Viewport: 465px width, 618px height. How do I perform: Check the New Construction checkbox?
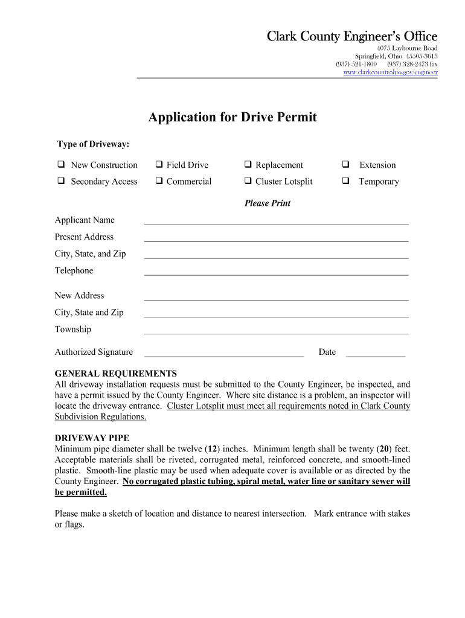tap(61, 165)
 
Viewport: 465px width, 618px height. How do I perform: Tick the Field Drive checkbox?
tap(159, 165)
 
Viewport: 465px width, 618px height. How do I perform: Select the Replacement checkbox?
tap(248, 165)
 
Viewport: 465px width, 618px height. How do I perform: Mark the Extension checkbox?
tap(346, 165)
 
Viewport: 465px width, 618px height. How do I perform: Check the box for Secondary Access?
tap(61, 181)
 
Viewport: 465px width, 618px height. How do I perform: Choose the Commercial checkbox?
tap(159, 181)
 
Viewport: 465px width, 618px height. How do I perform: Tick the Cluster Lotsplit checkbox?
tap(248, 181)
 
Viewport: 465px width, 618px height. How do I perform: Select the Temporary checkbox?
tap(346, 181)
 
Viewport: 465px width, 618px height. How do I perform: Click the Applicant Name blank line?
tap(276, 221)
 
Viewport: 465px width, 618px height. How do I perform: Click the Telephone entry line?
tap(276, 272)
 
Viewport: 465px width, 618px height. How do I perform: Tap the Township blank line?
tap(276, 330)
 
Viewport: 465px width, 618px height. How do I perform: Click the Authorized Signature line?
tap(223, 353)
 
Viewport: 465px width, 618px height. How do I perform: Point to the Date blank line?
tap(375, 353)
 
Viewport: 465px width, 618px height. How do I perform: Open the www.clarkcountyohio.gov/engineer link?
tap(390, 72)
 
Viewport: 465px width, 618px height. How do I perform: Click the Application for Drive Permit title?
tap(232, 117)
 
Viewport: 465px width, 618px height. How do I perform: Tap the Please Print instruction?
tap(267, 203)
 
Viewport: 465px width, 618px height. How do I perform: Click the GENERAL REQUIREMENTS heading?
tap(116, 374)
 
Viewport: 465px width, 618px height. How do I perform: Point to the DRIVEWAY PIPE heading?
tap(92, 438)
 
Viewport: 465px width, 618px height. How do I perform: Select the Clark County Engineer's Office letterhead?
tap(352, 37)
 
